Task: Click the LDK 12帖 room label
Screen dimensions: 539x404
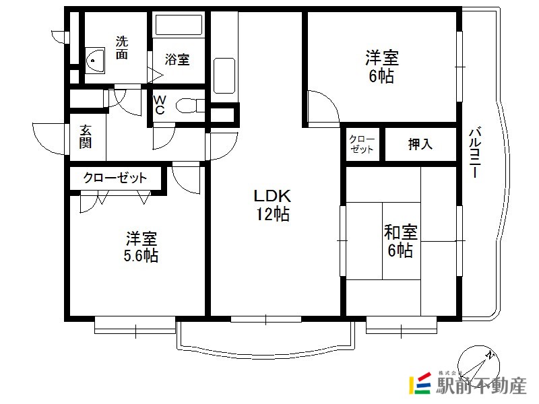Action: tap(272, 205)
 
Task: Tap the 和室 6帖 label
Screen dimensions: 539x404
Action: tap(400, 241)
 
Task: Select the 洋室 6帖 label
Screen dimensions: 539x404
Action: tap(382, 67)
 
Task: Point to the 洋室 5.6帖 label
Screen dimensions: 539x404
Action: tap(141, 247)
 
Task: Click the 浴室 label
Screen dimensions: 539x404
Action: tap(177, 59)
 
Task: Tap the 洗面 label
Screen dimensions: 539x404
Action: tap(122, 47)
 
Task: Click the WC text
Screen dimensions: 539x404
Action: tap(160, 105)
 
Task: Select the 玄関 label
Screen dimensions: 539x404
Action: tap(86, 137)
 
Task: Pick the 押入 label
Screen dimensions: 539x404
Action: tap(420, 144)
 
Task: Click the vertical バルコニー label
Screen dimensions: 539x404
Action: tap(476, 153)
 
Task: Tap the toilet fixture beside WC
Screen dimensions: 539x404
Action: tap(190, 106)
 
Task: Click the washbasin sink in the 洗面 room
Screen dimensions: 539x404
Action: tap(95, 61)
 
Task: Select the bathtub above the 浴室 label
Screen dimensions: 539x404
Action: tap(179, 25)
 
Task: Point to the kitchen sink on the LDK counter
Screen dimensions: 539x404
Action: tap(224, 75)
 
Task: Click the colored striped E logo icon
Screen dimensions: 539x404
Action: tap(420, 383)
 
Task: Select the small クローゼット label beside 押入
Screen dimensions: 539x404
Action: tap(362, 144)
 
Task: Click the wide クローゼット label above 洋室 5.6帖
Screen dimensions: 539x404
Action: tap(115, 178)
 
